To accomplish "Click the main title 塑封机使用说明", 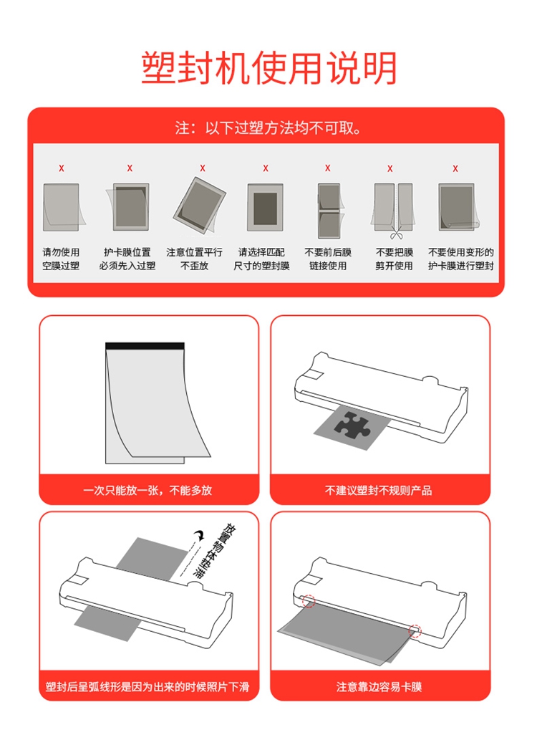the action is click(x=269, y=69).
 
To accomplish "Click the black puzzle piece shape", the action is click(x=353, y=425).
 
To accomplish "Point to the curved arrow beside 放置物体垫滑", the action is click(x=200, y=534).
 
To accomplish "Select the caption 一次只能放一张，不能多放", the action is click(x=147, y=490).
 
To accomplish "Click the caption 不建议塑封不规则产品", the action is click(x=379, y=490).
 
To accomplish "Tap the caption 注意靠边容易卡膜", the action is click(x=379, y=687).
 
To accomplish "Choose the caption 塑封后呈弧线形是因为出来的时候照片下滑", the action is click(x=147, y=687).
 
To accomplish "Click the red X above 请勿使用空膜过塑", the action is click(x=62, y=168).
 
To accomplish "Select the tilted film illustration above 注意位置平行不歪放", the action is click(x=199, y=206).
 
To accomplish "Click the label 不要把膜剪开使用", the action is click(x=394, y=259).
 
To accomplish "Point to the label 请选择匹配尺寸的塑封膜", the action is click(x=261, y=259).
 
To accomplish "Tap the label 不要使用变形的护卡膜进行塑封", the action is click(x=460, y=259).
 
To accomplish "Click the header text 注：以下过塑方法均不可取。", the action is click(x=268, y=128).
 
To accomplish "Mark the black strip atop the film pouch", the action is click(x=145, y=346).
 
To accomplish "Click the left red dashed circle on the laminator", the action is click(x=309, y=600).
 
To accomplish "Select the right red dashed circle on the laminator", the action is click(x=415, y=631).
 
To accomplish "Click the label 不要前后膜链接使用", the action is click(x=328, y=259).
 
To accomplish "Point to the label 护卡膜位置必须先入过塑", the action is click(x=127, y=259).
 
